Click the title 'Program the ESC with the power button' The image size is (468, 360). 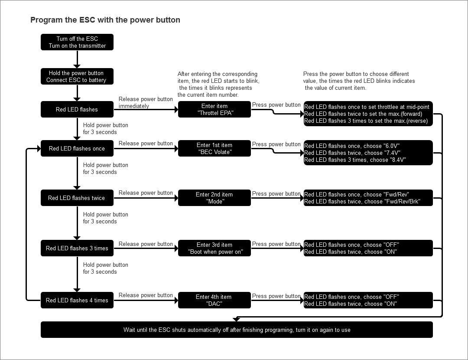coord(105,20)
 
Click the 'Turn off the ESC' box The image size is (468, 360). coord(77,42)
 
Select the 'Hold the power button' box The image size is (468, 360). coord(77,76)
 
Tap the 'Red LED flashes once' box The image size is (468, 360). coord(77,148)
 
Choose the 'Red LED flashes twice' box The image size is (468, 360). coord(77,198)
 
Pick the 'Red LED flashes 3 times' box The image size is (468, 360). coord(77,248)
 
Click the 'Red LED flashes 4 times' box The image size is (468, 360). coord(77,300)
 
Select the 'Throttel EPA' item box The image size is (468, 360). coord(214,109)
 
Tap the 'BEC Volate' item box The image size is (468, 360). coord(214,148)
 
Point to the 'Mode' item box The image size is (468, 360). coord(214,198)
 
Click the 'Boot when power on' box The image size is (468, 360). coord(214,248)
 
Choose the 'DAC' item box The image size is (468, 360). coord(214,300)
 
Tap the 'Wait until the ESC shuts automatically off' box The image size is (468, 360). coord(237,330)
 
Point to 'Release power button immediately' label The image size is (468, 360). coord(146,102)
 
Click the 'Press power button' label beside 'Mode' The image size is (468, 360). coord(276,193)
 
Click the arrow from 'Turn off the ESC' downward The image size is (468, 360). coord(77,59)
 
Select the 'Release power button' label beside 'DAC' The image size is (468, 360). coord(146,295)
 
